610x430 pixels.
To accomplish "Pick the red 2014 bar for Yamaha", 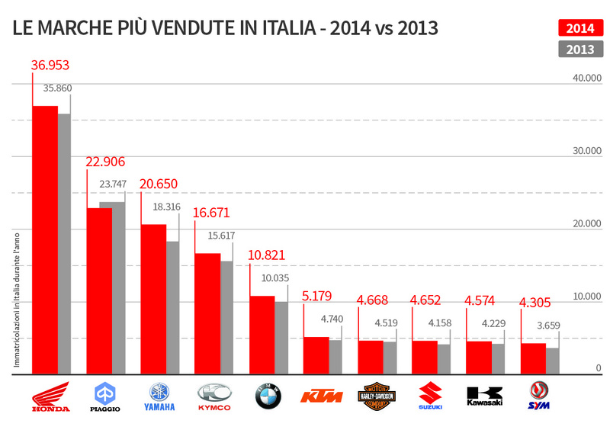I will click(x=153, y=298).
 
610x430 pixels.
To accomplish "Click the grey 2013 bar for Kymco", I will click(x=221, y=317).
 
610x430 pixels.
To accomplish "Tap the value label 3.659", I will click(x=546, y=325).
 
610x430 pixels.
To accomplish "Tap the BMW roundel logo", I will click(x=268, y=396).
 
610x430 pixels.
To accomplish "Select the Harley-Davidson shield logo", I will click(x=377, y=396).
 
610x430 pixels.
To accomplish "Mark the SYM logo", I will click(x=540, y=396).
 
